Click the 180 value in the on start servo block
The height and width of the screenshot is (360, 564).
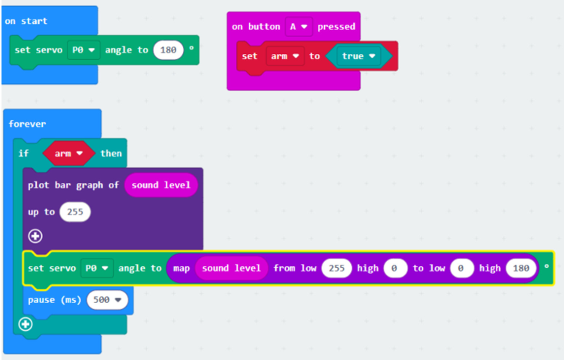tap(168, 49)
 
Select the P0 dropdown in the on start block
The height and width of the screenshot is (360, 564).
tap(83, 49)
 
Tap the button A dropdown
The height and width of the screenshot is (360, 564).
tap(298, 26)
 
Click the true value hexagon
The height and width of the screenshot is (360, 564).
tap(358, 56)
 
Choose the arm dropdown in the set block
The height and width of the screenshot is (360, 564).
tap(285, 56)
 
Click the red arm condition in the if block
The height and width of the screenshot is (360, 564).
tap(69, 154)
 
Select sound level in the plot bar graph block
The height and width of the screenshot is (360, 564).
tap(160, 185)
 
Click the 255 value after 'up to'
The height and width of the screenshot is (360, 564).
tap(75, 211)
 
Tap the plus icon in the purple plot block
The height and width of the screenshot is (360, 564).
tap(35, 236)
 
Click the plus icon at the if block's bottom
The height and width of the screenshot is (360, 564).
tap(25, 325)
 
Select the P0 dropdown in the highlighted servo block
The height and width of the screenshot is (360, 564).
tap(97, 268)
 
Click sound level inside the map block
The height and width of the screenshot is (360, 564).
tap(231, 268)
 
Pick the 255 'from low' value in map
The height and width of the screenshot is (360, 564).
tap(337, 268)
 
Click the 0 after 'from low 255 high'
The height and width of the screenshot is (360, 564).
tap(394, 268)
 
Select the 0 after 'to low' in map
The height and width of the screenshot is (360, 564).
tap(460, 268)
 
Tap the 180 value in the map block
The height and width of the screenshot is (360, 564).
tap(520, 268)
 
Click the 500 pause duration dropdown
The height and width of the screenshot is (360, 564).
tap(107, 300)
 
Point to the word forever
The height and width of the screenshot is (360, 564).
tap(27, 124)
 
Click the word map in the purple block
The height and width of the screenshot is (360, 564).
tap(181, 268)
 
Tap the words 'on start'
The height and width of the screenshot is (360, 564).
tap(26, 21)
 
